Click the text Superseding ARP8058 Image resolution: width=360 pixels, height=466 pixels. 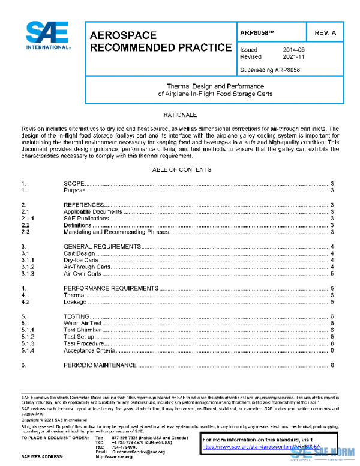click(269, 70)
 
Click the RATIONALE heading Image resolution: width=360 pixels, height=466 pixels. click(179, 114)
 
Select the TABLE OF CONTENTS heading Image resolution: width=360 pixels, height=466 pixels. click(179, 170)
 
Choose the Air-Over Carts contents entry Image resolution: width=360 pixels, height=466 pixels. click(82, 274)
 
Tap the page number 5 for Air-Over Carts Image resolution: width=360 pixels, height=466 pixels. click(332, 274)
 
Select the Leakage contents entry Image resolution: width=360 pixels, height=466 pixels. click(75, 302)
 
